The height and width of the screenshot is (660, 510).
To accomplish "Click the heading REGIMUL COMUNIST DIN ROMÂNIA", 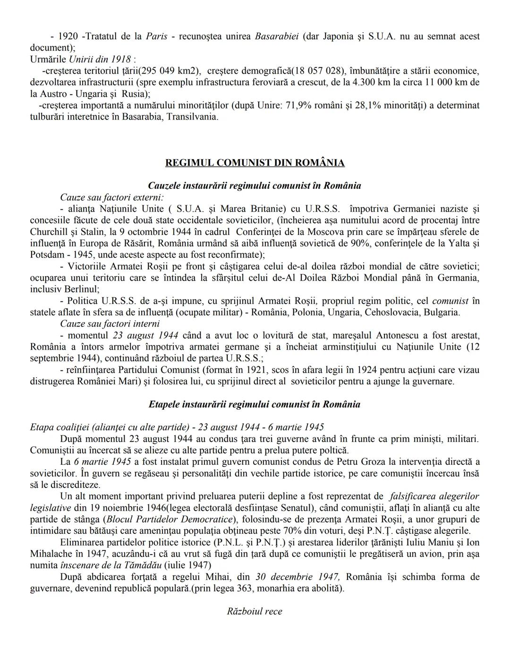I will tap(255, 163).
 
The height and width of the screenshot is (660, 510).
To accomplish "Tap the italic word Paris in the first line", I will tap(156, 36).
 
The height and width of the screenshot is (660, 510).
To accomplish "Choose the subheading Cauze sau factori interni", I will tap(110, 324).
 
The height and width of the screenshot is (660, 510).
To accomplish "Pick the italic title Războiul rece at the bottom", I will tap(255, 611).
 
